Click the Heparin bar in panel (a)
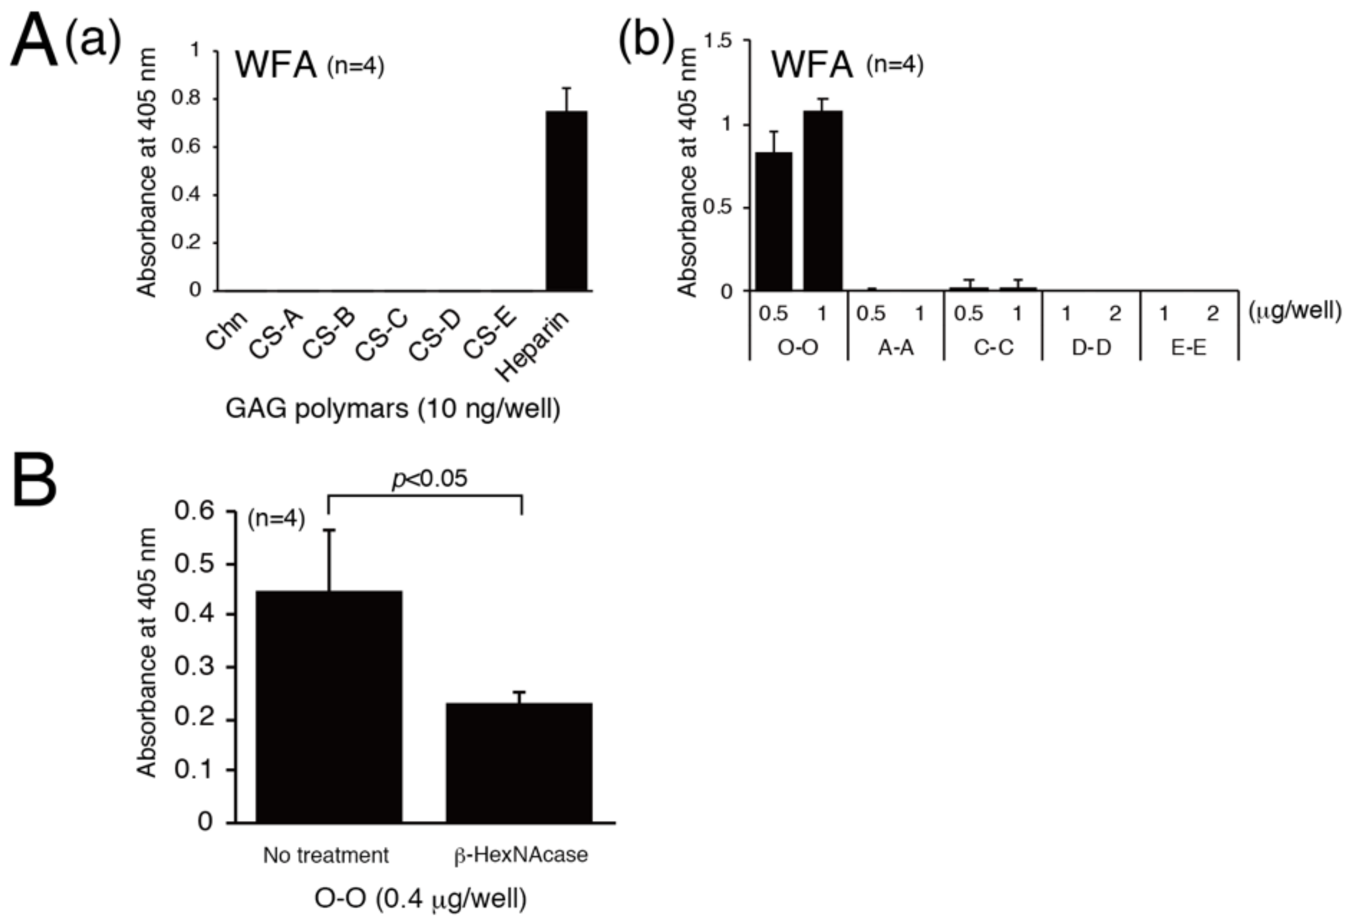[566, 201]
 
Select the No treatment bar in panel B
[329, 706]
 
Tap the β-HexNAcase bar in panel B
[519, 762]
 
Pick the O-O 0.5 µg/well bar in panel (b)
[774, 221]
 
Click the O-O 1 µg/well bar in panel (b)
[823, 201]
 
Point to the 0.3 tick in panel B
[194, 666]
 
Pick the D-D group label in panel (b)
[1091, 348]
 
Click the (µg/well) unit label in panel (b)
[1295, 312]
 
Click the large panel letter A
[34, 41]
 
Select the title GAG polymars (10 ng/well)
[393, 409]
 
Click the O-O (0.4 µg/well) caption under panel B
[420, 898]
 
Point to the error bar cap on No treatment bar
[329, 529]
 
